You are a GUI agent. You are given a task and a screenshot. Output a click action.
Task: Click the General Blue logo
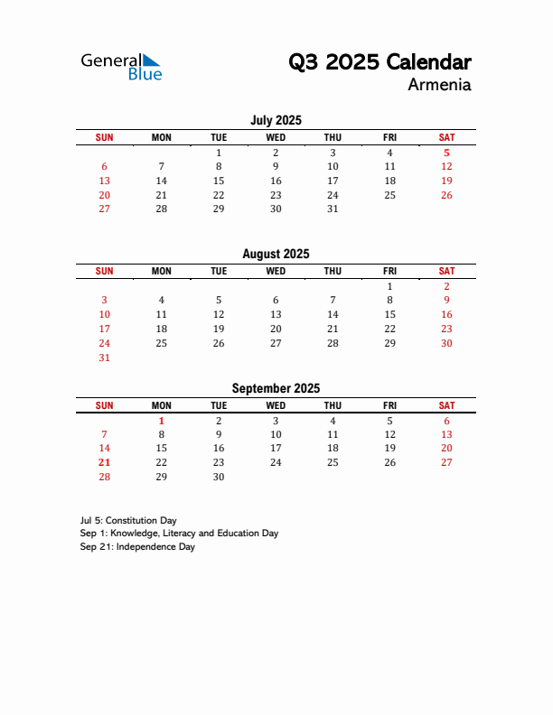tap(121, 67)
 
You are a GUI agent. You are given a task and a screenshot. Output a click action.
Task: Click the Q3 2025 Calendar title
tap(380, 62)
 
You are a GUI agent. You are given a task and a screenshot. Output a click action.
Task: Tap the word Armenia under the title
tap(439, 86)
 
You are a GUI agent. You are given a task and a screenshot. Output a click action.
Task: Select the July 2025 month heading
tap(276, 120)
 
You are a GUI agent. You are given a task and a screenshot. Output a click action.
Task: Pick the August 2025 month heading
tap(276, 254)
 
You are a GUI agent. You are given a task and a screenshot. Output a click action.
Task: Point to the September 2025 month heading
tap(276, 388)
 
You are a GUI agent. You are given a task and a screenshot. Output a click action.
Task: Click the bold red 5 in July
tap(446, 153)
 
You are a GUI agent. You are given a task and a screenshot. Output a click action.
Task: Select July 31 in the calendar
tap(333, 209)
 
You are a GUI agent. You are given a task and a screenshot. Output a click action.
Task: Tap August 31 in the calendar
tap(104, 357)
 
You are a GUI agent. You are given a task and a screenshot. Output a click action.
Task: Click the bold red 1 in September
tap(161, 420)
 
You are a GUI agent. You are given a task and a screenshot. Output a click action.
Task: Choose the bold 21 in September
tap(104, 462)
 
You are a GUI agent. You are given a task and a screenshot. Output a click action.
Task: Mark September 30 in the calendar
tap(219, 477)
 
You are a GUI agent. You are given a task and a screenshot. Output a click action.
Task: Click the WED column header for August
tap(276, 271)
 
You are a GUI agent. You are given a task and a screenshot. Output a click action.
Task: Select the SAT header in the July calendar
tap(446, 137)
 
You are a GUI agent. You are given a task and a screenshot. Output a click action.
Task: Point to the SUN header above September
tap(104, 405)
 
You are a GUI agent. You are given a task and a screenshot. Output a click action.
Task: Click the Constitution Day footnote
tap(127, 520)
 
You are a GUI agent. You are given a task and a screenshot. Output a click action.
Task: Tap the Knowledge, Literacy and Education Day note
tap(178, 534)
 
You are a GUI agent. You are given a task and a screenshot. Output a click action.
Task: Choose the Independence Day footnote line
tap(136, 547)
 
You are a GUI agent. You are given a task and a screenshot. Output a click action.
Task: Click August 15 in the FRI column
tap(389, 314)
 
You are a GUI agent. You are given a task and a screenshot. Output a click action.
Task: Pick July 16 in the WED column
tap(276, 181)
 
